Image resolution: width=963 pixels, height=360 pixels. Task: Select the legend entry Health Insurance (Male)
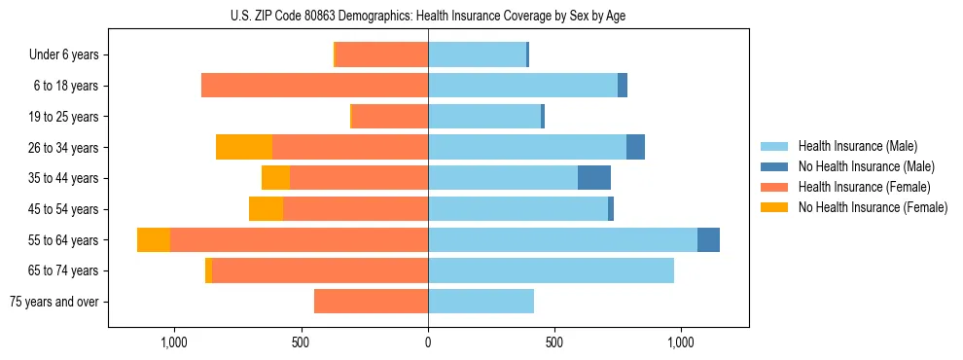pyautogui.click(x=856, y=146)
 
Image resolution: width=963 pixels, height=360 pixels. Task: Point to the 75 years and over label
pyautogui.click(x=54, y=302)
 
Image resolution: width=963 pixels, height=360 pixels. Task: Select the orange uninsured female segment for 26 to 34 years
pyautogui.click(x=244, y=147)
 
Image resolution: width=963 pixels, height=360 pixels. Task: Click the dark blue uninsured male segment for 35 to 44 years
pyautogui.click(x=594, y=178)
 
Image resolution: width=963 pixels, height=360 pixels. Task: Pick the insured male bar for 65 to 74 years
pyautogui.click(x=551, y=270)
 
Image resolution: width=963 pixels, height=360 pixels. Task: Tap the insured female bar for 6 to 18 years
pyautogui.click(x=314, y=86)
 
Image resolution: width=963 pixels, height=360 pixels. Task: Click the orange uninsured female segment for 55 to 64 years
pyautogui.click(x=154, y=239)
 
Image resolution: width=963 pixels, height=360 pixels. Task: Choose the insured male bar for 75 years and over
pyautogui.click(x=481, y=302)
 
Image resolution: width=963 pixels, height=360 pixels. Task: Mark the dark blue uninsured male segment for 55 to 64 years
pyautogui.click(x=708, y=239)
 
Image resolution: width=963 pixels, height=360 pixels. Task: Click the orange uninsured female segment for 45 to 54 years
pyautogui.click(x=266, y=209)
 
